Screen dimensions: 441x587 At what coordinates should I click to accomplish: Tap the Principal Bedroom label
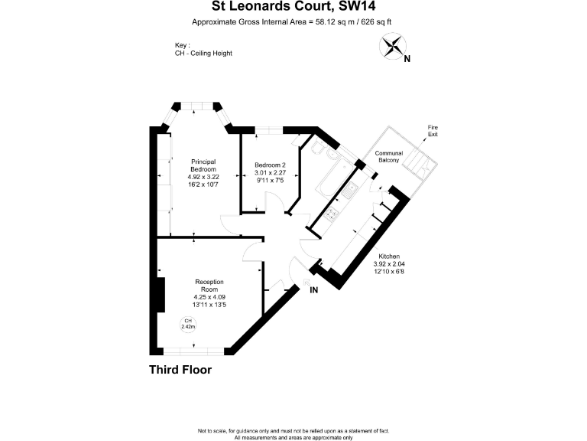tap(203, 165)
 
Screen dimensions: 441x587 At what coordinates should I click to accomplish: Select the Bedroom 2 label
tap(270, 165)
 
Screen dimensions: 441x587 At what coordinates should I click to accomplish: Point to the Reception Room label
tap(209, 286)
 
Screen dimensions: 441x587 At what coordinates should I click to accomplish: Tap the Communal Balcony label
tap(388, 156)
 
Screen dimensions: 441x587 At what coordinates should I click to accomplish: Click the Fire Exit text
tap(433, 131)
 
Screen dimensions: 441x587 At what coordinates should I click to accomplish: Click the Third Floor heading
tap(180, 371)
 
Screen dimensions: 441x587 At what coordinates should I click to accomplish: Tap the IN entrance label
tap(313, 290)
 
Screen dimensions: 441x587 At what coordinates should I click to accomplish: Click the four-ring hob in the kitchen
tap(333, 214)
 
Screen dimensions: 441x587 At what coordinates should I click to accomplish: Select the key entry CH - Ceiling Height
tap(203, 53)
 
